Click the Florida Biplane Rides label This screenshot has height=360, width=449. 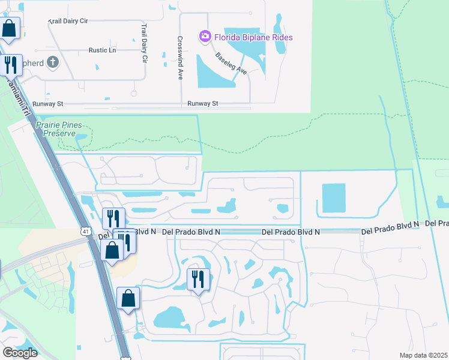pos(255,38)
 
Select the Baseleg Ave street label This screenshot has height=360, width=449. pos(232,63)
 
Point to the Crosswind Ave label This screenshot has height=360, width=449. pos(179,58)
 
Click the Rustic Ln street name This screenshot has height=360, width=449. pos(102,50)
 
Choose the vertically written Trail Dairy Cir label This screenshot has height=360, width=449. pos(144,44)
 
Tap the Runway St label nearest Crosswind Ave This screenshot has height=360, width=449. pos(202,104)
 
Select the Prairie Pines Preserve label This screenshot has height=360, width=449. pos(62,129)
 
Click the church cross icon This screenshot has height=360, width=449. pos(53,62)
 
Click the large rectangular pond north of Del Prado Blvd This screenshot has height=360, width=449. pos(334,198)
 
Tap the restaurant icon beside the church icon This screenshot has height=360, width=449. pos(10,65)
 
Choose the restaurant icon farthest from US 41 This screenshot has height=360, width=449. pos(198,279)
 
